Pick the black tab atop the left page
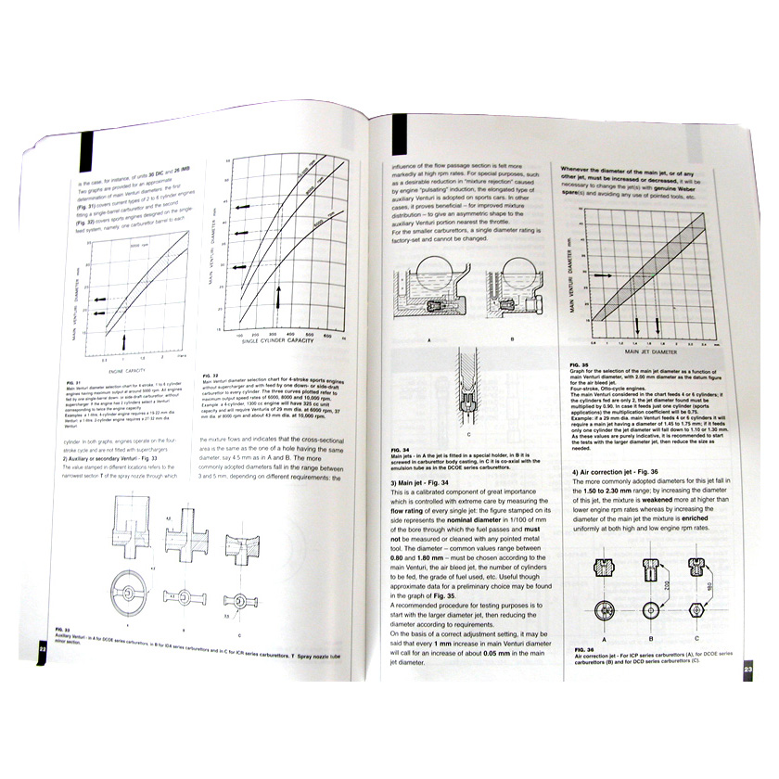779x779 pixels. coord(86,147)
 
